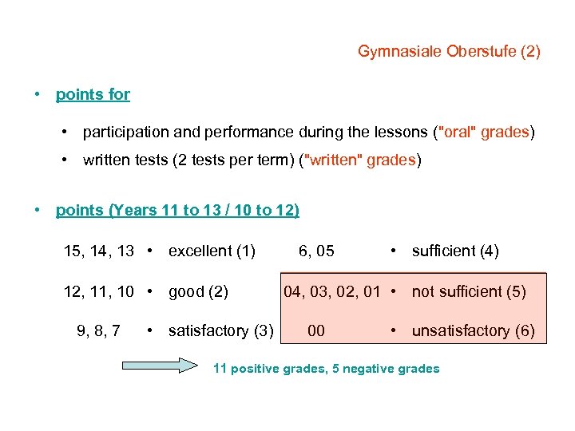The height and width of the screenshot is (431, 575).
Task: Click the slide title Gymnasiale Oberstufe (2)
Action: click(x=449, y=52)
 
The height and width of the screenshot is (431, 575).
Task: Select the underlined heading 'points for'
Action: click(x=93, y=94)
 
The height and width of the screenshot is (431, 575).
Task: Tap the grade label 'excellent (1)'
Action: click(x=212, y=251)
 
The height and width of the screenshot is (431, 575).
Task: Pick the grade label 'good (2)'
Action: click(x=198, y=291)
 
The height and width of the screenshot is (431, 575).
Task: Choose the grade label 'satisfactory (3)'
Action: click(x=220, y=330)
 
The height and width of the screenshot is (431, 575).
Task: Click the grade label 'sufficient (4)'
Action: click(x=455, y=251)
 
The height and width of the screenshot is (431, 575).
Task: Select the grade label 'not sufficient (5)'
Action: click(x=469, y=291)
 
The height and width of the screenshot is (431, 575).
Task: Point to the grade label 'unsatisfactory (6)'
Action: click(x=474, y=330)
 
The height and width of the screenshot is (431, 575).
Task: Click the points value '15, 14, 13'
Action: click(x=99, y=251)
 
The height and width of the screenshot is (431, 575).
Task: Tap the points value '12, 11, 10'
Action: click(x=99, y=291)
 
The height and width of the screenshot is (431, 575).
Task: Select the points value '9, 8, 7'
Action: click(x=99, y=330)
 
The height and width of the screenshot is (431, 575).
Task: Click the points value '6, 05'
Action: click(x=316, y=251)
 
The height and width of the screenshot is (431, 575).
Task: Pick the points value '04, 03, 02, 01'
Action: click(x=332, y=291)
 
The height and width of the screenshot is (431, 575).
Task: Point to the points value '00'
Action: click(x=316, y=330)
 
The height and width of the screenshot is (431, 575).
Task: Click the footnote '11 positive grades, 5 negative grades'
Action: click(x=326, y=368)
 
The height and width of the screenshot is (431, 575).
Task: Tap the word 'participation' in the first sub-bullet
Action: click(x=121, y=132)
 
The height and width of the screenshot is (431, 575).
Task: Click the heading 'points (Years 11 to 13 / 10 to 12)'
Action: click(x=177, y=211)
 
